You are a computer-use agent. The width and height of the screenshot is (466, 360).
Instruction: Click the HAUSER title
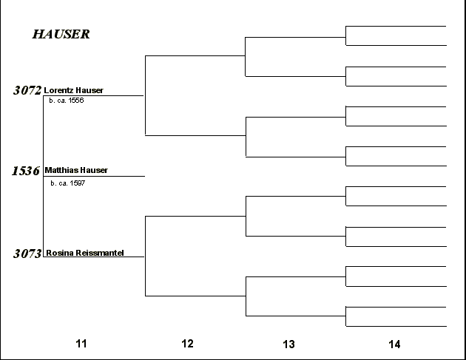click(61, 34)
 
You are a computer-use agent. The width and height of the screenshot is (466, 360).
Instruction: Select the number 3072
click(27, 90)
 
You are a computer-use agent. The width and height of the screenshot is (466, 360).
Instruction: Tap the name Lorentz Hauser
click(73, 90)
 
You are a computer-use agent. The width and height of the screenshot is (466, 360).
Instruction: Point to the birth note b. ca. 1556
click(67, 101)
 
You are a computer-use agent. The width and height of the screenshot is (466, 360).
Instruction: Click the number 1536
click(26, 171)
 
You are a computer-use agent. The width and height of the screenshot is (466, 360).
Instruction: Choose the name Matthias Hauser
click(76, 170)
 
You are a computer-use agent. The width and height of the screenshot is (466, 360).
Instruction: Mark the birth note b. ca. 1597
click(68, 183)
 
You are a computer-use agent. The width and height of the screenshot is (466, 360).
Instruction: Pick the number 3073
click(27, 254)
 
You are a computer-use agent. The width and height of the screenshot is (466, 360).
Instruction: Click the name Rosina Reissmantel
click(85, 253)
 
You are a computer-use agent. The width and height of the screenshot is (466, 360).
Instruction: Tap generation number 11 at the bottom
click(81, 344)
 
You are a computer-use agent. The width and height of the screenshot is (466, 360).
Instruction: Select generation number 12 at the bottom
click(187, 344)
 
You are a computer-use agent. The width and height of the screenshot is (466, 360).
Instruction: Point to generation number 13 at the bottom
click(288, 344)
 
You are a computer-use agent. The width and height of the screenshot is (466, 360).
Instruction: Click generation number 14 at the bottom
click(394, 344)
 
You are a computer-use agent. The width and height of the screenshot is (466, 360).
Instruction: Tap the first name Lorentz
click(56, 90)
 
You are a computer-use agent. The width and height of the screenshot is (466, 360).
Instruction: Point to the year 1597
click(77, 183)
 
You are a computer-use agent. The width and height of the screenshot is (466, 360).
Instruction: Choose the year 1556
click(76, 101)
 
